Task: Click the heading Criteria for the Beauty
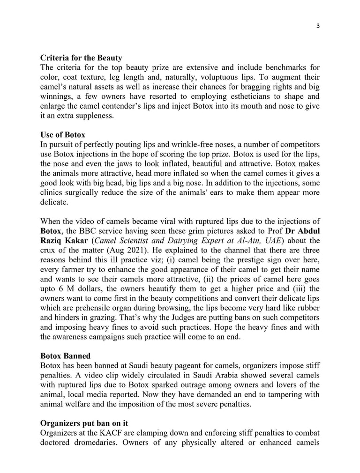coord(81,58)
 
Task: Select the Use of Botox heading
coord(62,135)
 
